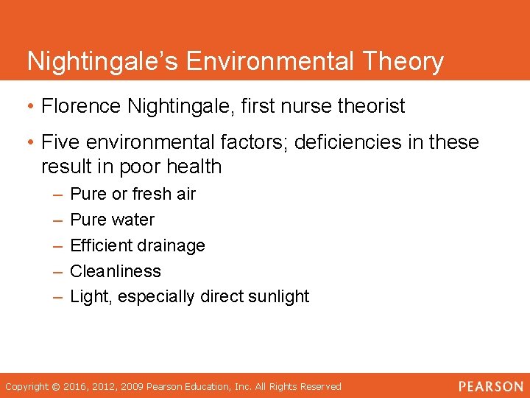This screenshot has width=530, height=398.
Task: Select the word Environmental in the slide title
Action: tap(263, 60)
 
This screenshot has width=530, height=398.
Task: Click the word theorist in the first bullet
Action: tap(371, 107)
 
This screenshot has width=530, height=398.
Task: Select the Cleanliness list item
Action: tap(115, 271)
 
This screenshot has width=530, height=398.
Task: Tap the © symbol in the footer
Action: tap(55, 387)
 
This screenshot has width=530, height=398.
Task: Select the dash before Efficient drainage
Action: tap(57, 245)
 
